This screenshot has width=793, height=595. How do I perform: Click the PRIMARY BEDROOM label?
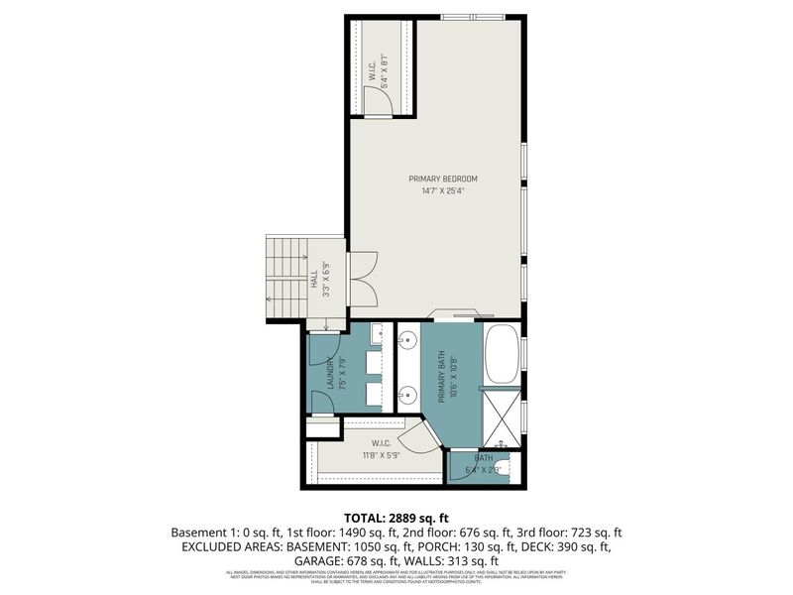443,178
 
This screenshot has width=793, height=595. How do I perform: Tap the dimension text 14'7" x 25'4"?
443,192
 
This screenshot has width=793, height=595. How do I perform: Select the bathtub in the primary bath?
501,354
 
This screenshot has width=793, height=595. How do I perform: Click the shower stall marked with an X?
503,416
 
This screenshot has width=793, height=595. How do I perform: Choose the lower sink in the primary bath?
406,394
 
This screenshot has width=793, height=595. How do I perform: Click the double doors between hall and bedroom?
361,280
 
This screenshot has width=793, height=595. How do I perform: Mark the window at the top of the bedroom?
473,16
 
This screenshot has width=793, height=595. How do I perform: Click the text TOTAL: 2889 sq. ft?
396,518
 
